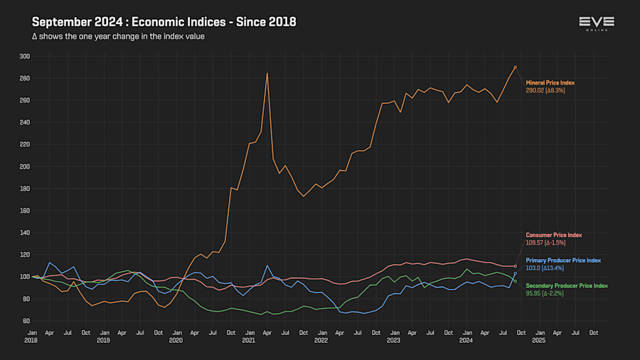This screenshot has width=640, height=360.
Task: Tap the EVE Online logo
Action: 596,23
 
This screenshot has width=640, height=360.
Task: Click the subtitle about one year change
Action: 119,36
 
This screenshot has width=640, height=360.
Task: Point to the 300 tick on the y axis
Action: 25,56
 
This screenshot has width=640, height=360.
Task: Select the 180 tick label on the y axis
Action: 25,189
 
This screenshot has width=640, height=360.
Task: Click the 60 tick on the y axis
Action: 26,321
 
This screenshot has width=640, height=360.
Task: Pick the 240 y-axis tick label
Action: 25,122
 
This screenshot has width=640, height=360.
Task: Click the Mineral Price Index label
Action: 550,83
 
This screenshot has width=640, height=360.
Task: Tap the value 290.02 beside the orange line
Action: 535,91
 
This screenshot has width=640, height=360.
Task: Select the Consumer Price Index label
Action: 554,235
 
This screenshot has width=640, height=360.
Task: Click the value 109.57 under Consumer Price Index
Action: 535,243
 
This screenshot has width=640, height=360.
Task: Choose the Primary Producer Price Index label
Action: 563,260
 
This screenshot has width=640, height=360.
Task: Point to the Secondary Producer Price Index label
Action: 567,285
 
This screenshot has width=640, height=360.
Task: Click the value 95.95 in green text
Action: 534,293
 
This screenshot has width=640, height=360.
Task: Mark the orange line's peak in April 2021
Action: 267,73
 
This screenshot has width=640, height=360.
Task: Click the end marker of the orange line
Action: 515,68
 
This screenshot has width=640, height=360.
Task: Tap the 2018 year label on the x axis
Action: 32,341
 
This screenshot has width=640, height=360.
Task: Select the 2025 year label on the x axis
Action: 539,341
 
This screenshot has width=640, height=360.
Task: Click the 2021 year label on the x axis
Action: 249,341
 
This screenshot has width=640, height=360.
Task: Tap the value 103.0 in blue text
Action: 534,268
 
